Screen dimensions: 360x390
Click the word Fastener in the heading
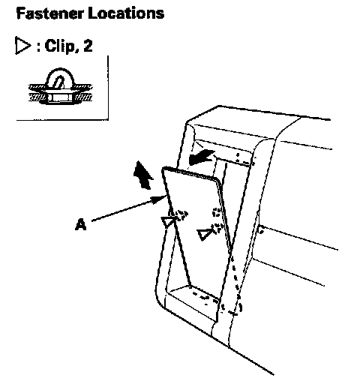[49, 13]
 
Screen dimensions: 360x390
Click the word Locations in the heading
[126, 13]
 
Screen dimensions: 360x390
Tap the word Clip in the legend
[59, 46]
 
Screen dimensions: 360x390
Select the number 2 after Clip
[88, 46]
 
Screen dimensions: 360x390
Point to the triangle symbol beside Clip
[22, 46]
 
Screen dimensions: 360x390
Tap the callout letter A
[80, 224]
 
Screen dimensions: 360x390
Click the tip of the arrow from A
[166, 196]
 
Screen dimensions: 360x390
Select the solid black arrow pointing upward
[142, 175]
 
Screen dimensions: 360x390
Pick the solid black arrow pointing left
[202, 157]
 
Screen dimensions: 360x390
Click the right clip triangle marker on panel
[204, 235]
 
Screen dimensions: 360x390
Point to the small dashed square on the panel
[217, 212]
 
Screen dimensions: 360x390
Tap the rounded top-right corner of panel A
[217, 181]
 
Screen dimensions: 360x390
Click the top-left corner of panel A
[163, 169]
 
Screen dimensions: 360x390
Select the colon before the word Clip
[38, 46]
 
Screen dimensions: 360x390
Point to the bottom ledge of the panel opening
[193, 302]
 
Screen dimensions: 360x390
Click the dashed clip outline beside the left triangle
[181, 215]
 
